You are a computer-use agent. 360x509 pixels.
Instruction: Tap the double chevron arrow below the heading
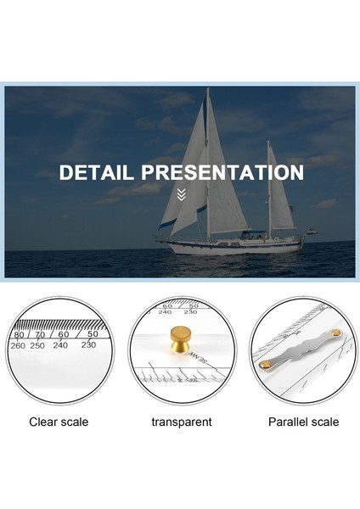180,195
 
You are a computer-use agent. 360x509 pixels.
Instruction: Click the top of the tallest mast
207,90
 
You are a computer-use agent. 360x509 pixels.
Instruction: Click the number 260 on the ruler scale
18,345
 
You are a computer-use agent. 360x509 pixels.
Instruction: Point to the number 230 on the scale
88,344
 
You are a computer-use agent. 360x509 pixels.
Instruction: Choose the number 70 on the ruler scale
39,335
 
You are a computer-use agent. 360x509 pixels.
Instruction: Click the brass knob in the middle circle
181,338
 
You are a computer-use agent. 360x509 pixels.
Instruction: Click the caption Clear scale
59,422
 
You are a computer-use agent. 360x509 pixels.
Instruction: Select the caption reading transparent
181,422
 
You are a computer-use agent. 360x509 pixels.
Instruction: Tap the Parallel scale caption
303,422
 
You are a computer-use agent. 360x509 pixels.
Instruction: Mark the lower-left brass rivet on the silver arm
266,364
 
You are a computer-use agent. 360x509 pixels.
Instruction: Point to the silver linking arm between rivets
301,348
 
